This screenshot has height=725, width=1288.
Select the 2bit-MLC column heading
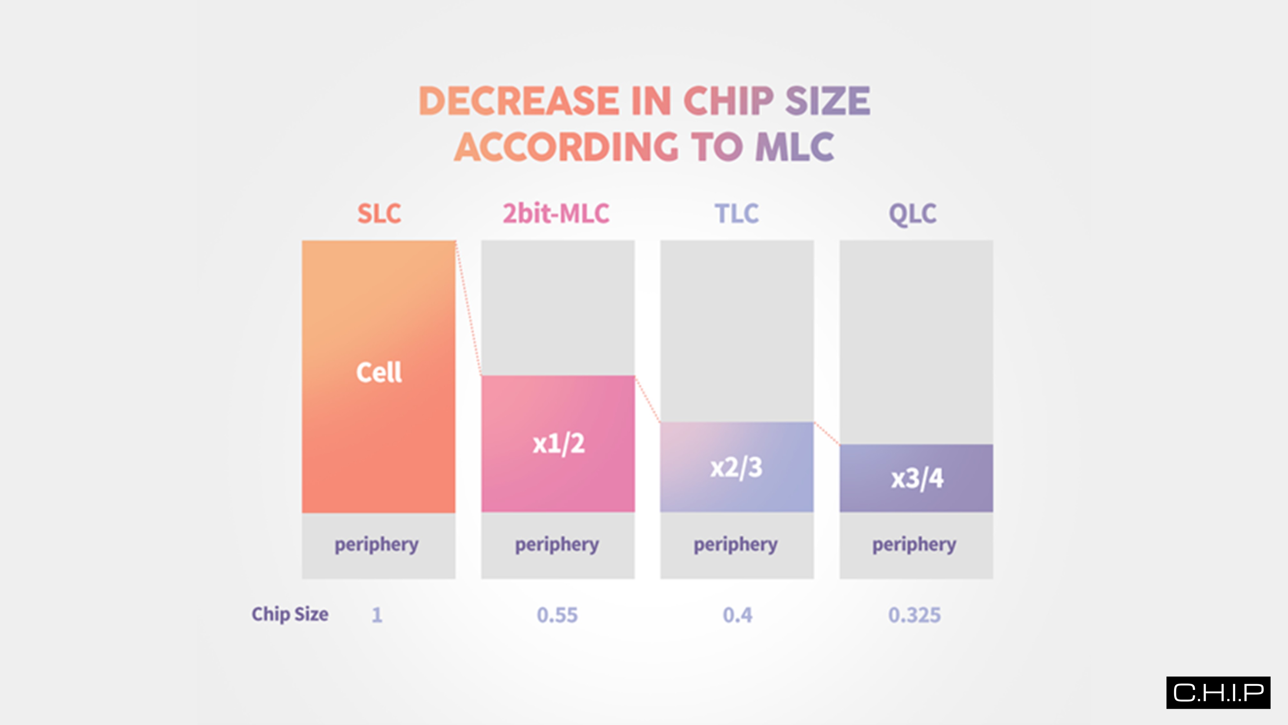(556, 214)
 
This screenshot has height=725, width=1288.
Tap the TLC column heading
(736, 214)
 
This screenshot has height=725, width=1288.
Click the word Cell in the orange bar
(378, 372)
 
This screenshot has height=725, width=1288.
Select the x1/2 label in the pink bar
(558, 444)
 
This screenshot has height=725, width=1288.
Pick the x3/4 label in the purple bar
(916, 478)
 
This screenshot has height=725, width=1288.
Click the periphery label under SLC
(376, 544)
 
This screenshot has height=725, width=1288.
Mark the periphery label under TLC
(735, 544)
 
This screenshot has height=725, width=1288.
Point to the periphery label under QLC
(914, 544)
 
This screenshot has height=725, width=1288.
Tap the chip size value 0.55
(557, 615)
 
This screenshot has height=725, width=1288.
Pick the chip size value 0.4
(737, 615)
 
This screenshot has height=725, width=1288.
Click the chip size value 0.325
(914, 615)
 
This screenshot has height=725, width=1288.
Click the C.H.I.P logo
(1218, 692)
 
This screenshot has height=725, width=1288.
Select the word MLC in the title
(794, 147)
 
